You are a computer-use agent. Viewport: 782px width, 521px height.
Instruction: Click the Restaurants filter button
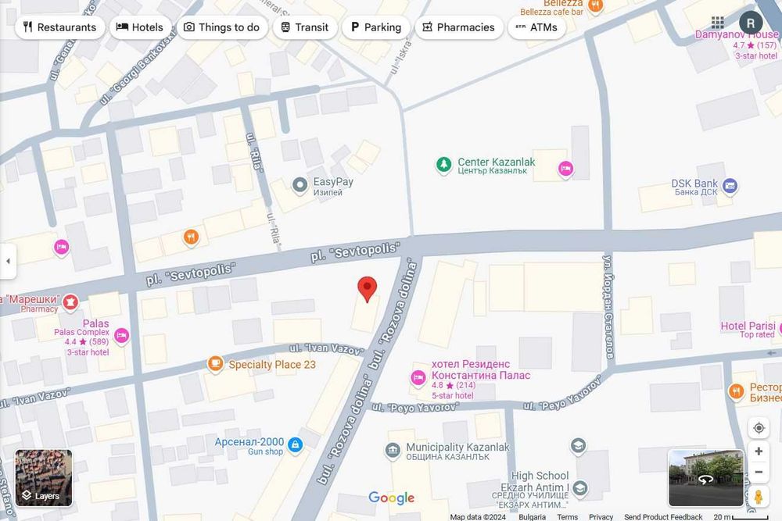coord(59,27)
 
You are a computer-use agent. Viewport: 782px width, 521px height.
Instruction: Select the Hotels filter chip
coord(140,27)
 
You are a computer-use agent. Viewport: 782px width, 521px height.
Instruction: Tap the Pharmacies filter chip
coord(458,27)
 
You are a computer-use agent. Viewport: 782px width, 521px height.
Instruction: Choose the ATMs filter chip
coord(536,27)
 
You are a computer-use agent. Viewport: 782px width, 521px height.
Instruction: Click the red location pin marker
coord(367,288)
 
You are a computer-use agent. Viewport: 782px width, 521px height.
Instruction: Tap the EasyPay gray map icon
coord(299,185)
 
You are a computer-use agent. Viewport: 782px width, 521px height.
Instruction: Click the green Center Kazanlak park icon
coord(444,166)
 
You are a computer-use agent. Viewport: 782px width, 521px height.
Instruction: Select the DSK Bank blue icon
coord(730,186)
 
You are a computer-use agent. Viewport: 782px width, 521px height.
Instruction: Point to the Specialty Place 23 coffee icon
coord(215,364)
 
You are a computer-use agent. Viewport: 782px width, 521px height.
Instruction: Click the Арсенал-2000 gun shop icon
coord(295,445)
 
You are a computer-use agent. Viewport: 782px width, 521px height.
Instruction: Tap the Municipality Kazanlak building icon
coord(393,451)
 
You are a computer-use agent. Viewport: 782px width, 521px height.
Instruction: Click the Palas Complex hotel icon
coord(121,336)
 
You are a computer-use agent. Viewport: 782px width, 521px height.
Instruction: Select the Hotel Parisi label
coord(747,326)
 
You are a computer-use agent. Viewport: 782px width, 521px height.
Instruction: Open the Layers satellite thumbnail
coord(44,477)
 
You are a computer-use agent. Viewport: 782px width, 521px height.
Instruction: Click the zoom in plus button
coord(759,451)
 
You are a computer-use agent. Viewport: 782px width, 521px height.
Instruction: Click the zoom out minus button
coord(759,472)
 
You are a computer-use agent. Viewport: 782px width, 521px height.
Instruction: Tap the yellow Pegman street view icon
coord(759,497)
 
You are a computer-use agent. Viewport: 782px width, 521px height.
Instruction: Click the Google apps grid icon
coord(717,23)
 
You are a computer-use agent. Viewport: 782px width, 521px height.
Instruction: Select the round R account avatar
coord(751,23)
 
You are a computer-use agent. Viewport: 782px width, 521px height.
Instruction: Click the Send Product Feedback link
coord(663,516)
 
